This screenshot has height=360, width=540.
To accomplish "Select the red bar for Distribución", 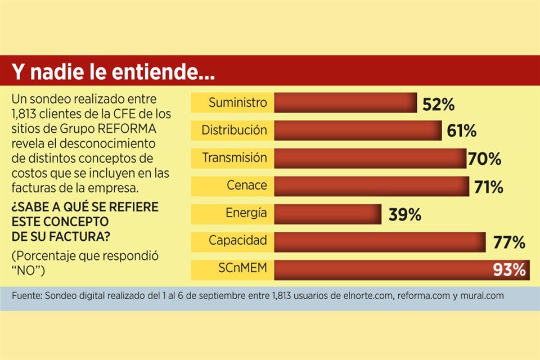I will point(358,130).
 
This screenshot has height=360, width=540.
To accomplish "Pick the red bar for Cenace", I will point(372,186).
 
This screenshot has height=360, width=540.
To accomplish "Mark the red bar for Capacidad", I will point(380,242).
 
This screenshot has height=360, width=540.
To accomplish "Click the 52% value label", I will point(438,105).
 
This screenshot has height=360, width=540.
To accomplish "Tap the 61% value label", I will point(462,132).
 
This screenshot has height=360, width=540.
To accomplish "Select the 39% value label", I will point(404,215).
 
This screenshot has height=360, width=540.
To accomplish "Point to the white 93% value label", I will point(509,271).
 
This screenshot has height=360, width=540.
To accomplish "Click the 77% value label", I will point(509,243).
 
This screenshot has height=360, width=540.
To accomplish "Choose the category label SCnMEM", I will point(242,269).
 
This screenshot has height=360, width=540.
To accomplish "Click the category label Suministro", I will point(237,103).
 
